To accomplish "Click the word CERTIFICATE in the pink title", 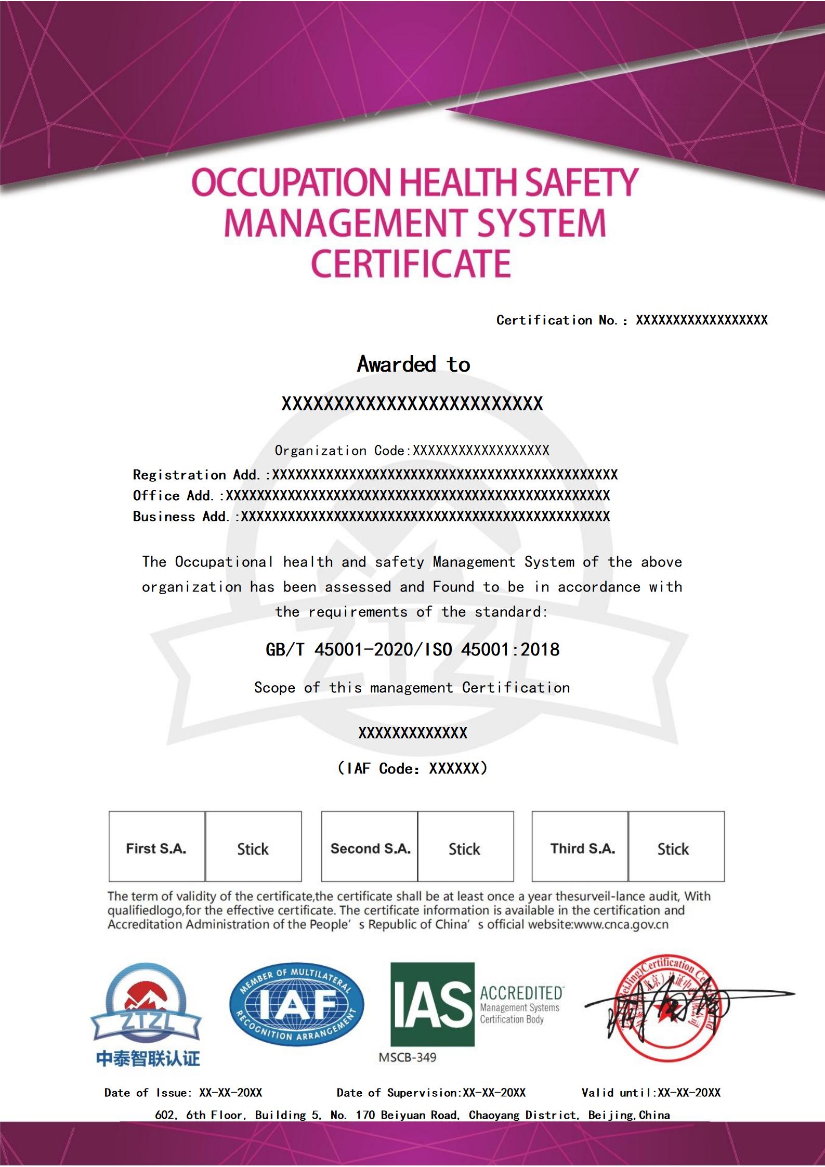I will pos(411,264).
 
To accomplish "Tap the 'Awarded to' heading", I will pos(413,364).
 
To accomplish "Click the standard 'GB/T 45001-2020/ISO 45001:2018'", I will pos(412,649).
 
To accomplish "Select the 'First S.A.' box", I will pos(156,848).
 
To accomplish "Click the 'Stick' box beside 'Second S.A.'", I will pos(465,849).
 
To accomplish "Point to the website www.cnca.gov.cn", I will pos(621,924).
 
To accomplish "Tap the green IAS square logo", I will pos(433,1004).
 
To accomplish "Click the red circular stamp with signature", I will pos(668,1008).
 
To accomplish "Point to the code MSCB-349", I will pos(408,1057).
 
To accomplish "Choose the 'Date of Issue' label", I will pos(148,1093).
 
